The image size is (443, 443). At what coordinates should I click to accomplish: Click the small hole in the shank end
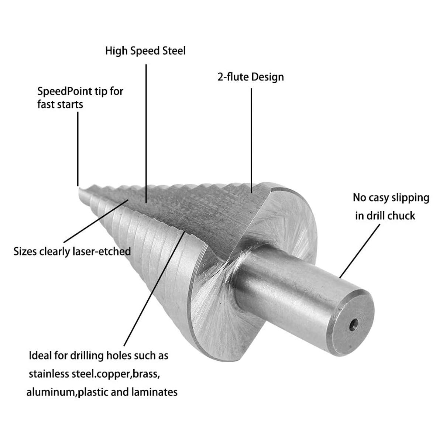tap(354, 324)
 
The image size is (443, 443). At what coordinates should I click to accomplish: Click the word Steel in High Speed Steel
tap(174, 51)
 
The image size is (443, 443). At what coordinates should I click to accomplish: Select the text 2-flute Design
tap(251, 77)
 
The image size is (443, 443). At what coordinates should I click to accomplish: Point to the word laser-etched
tap(102, 251)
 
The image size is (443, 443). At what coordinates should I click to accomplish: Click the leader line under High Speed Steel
tap(146, 134)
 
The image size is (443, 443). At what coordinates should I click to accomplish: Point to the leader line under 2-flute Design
tap(251, 140)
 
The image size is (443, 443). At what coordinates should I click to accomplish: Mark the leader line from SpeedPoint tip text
tap(78, 149)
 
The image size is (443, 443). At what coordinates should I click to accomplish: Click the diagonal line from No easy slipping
tap(359, 251)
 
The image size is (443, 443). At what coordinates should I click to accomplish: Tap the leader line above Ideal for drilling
tap(154, 289)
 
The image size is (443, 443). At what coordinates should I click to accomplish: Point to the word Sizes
tap(25, 251)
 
